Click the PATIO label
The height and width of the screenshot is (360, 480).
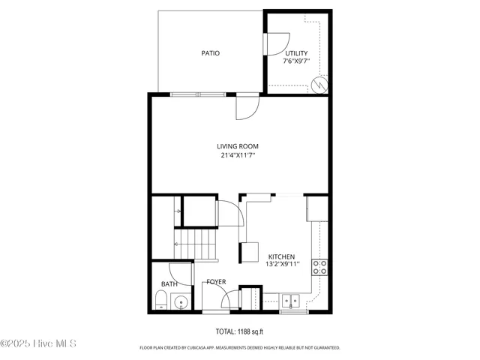coord(210,53)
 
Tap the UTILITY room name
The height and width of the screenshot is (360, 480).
coord(295,52)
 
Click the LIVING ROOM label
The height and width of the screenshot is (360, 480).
coord(239,146)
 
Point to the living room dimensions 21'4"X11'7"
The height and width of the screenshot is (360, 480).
coord(239,156)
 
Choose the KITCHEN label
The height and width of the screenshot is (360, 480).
coord(282,256)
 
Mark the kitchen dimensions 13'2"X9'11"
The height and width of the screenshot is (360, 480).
coord(282,264)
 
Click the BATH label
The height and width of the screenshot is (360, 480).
coord(169,284)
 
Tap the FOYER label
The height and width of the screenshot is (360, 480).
coord(217,283)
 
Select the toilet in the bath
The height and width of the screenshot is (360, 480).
coord(160,301)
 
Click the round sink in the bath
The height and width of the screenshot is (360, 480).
coord(180,303)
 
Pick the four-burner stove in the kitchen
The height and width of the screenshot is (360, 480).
coord(319,268)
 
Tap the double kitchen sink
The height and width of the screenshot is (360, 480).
coord(291,301)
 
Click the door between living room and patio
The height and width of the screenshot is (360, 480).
coord(246,107)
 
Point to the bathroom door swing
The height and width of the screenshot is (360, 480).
coord(181,271)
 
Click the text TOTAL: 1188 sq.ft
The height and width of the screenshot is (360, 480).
coord(239,331)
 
